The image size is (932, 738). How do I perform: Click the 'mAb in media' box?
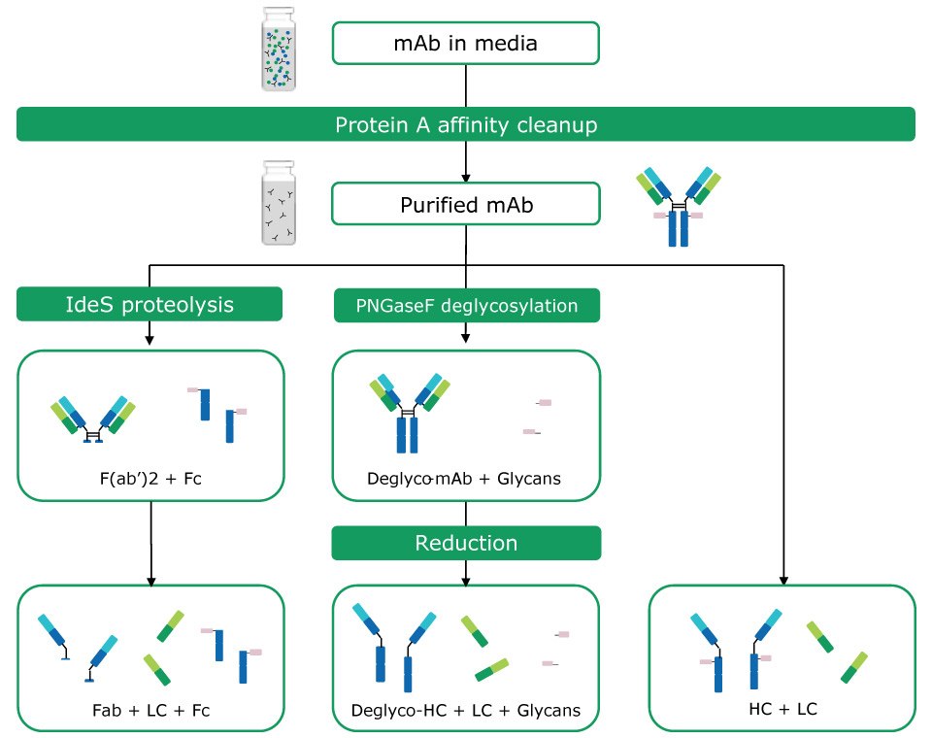[466, 42]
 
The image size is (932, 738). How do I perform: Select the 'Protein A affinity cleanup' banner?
[466, 124]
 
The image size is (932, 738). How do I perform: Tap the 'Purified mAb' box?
[466, 205]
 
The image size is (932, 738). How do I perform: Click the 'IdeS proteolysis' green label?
[150, 305]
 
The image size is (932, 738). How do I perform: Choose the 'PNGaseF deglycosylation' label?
[466, 305]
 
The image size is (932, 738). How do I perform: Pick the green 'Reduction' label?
[466, 543]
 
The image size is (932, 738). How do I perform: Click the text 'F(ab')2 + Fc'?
[150, 478]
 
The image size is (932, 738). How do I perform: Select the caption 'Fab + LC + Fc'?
[150, 711]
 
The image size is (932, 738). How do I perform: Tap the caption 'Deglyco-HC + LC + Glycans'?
[466, 711]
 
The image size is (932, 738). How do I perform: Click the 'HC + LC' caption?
[782, 709]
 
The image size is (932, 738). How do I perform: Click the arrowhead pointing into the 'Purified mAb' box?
[466, 178]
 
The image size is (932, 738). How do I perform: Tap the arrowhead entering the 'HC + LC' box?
[782, 580]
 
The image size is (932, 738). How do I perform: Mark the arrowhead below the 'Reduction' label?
[466, 580]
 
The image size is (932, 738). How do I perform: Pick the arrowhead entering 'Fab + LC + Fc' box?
[150, 580]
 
